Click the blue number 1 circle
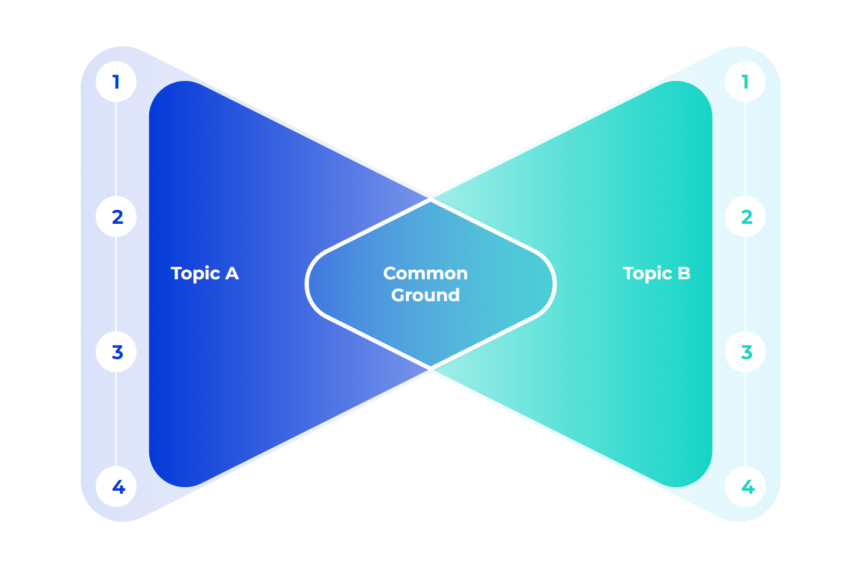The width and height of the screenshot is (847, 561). click(116, 81)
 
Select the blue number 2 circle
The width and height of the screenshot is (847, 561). click(116, 217)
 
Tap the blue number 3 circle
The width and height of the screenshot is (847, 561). click(116, 352)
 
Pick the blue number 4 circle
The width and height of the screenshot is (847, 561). click(116, 487)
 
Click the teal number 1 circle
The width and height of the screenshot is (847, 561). click(745, 81)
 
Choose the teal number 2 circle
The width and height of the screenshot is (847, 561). click(745, 217)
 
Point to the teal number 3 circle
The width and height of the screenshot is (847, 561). click(745, 352)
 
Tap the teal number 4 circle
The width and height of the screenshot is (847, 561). click(745, 487)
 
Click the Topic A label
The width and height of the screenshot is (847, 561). click(205, 273)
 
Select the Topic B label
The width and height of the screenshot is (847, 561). click(656, 273)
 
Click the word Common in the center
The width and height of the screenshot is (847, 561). click(425, 273)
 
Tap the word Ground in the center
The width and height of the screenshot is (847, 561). click(425, 295)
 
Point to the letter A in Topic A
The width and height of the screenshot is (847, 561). click(232, 273)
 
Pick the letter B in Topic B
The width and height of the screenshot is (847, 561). click(684, 273)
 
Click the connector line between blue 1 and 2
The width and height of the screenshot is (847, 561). click(116, 149)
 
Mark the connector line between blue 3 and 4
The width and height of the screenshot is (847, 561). click(116, 419)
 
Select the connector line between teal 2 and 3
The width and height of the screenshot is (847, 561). click(745, 284)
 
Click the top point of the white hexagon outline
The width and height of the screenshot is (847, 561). click(431, 201)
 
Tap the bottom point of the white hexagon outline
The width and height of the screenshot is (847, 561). click(431, 367)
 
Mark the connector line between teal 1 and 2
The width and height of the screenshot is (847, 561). click(745, 149)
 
